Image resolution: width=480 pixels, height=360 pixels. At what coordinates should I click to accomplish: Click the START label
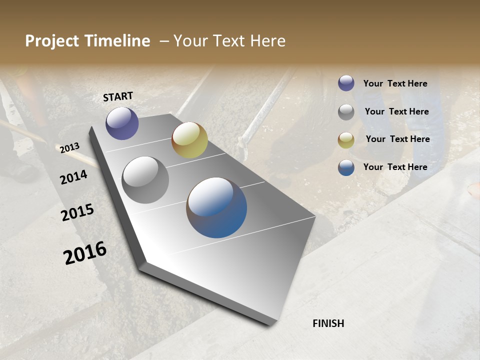click(x=118, y=96)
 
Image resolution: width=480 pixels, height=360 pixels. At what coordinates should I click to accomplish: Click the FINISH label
click(x=328, y=323)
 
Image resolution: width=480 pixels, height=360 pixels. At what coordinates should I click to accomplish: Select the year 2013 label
click(x=70, y=147)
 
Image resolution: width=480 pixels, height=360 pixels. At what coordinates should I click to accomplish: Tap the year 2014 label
click(x=74, y=177)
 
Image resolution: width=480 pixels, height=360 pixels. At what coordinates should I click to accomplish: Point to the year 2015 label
click(x=77, y=212)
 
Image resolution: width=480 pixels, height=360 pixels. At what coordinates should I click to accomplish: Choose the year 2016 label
click(x=85, y=252)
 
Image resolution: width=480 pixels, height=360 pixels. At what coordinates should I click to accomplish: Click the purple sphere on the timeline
click(x=122, y=123)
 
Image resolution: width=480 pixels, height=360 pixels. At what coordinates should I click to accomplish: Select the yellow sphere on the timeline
click(x=189, y=140)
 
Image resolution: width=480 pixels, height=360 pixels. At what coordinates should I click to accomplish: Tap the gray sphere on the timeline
click(x=145, y=180)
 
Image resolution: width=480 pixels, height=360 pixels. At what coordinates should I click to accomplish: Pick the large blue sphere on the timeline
click(x=216, y=207)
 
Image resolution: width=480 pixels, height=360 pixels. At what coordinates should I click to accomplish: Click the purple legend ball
click(x=346, y=83)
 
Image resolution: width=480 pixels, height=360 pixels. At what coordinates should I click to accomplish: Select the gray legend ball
click(x=346, y=112)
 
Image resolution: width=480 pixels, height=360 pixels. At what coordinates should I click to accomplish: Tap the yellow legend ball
click(x=346, y=140)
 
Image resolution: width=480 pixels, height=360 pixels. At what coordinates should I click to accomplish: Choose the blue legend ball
click(x=346, y=167)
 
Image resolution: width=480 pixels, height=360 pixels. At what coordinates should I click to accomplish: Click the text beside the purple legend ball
click(x=395, y=83)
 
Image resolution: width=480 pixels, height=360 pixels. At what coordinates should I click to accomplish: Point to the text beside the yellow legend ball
click(x=397, y=139)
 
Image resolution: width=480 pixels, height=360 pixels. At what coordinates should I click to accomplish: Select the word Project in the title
click(x=52, y=41)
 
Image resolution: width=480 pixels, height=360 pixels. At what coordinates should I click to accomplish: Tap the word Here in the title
click(x=267, y=41)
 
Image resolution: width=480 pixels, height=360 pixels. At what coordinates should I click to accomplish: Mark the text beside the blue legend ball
click(x=395, y=167)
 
